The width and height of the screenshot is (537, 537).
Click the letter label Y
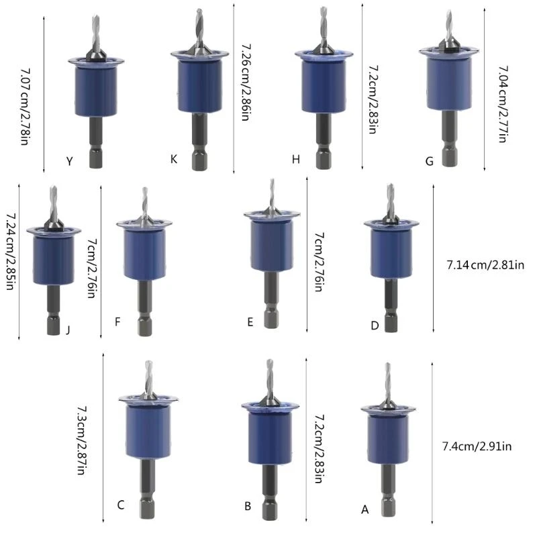pos(70,161)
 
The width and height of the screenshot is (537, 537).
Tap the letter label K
pos(174,159)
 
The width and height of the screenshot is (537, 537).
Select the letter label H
pos(295,160)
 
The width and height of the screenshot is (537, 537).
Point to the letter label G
pos(429,161)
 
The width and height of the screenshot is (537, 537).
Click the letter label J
pos(68,329)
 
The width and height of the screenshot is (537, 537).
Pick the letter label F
pos(117,322)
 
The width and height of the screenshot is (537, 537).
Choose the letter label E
pos(250,322)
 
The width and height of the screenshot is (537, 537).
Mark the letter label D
pos(375,326)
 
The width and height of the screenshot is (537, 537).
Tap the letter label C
pos(120,505)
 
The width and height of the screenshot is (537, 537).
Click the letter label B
pos(248,506)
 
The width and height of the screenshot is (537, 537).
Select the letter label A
pos(365,509)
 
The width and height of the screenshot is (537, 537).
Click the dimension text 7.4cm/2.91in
pos(477,446)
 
